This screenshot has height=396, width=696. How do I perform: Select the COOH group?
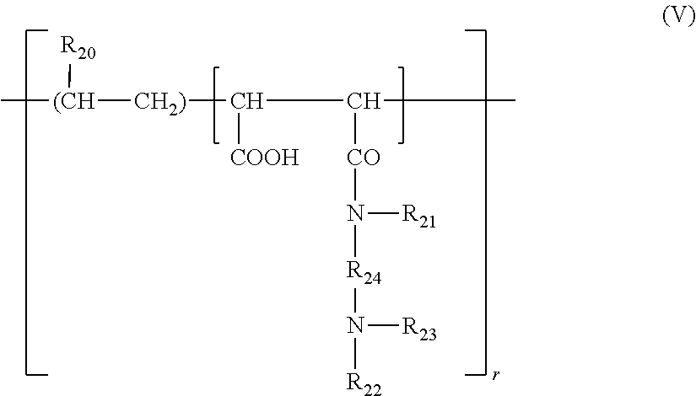click(264, 158)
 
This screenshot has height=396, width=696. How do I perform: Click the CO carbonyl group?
click(363, 158)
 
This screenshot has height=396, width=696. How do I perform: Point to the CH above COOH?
click(247, 104)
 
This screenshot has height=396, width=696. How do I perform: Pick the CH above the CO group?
click(364, 104)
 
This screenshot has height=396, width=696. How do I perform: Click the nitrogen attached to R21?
click(355, 217)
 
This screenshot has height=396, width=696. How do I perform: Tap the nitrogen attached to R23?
click(355, 325)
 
